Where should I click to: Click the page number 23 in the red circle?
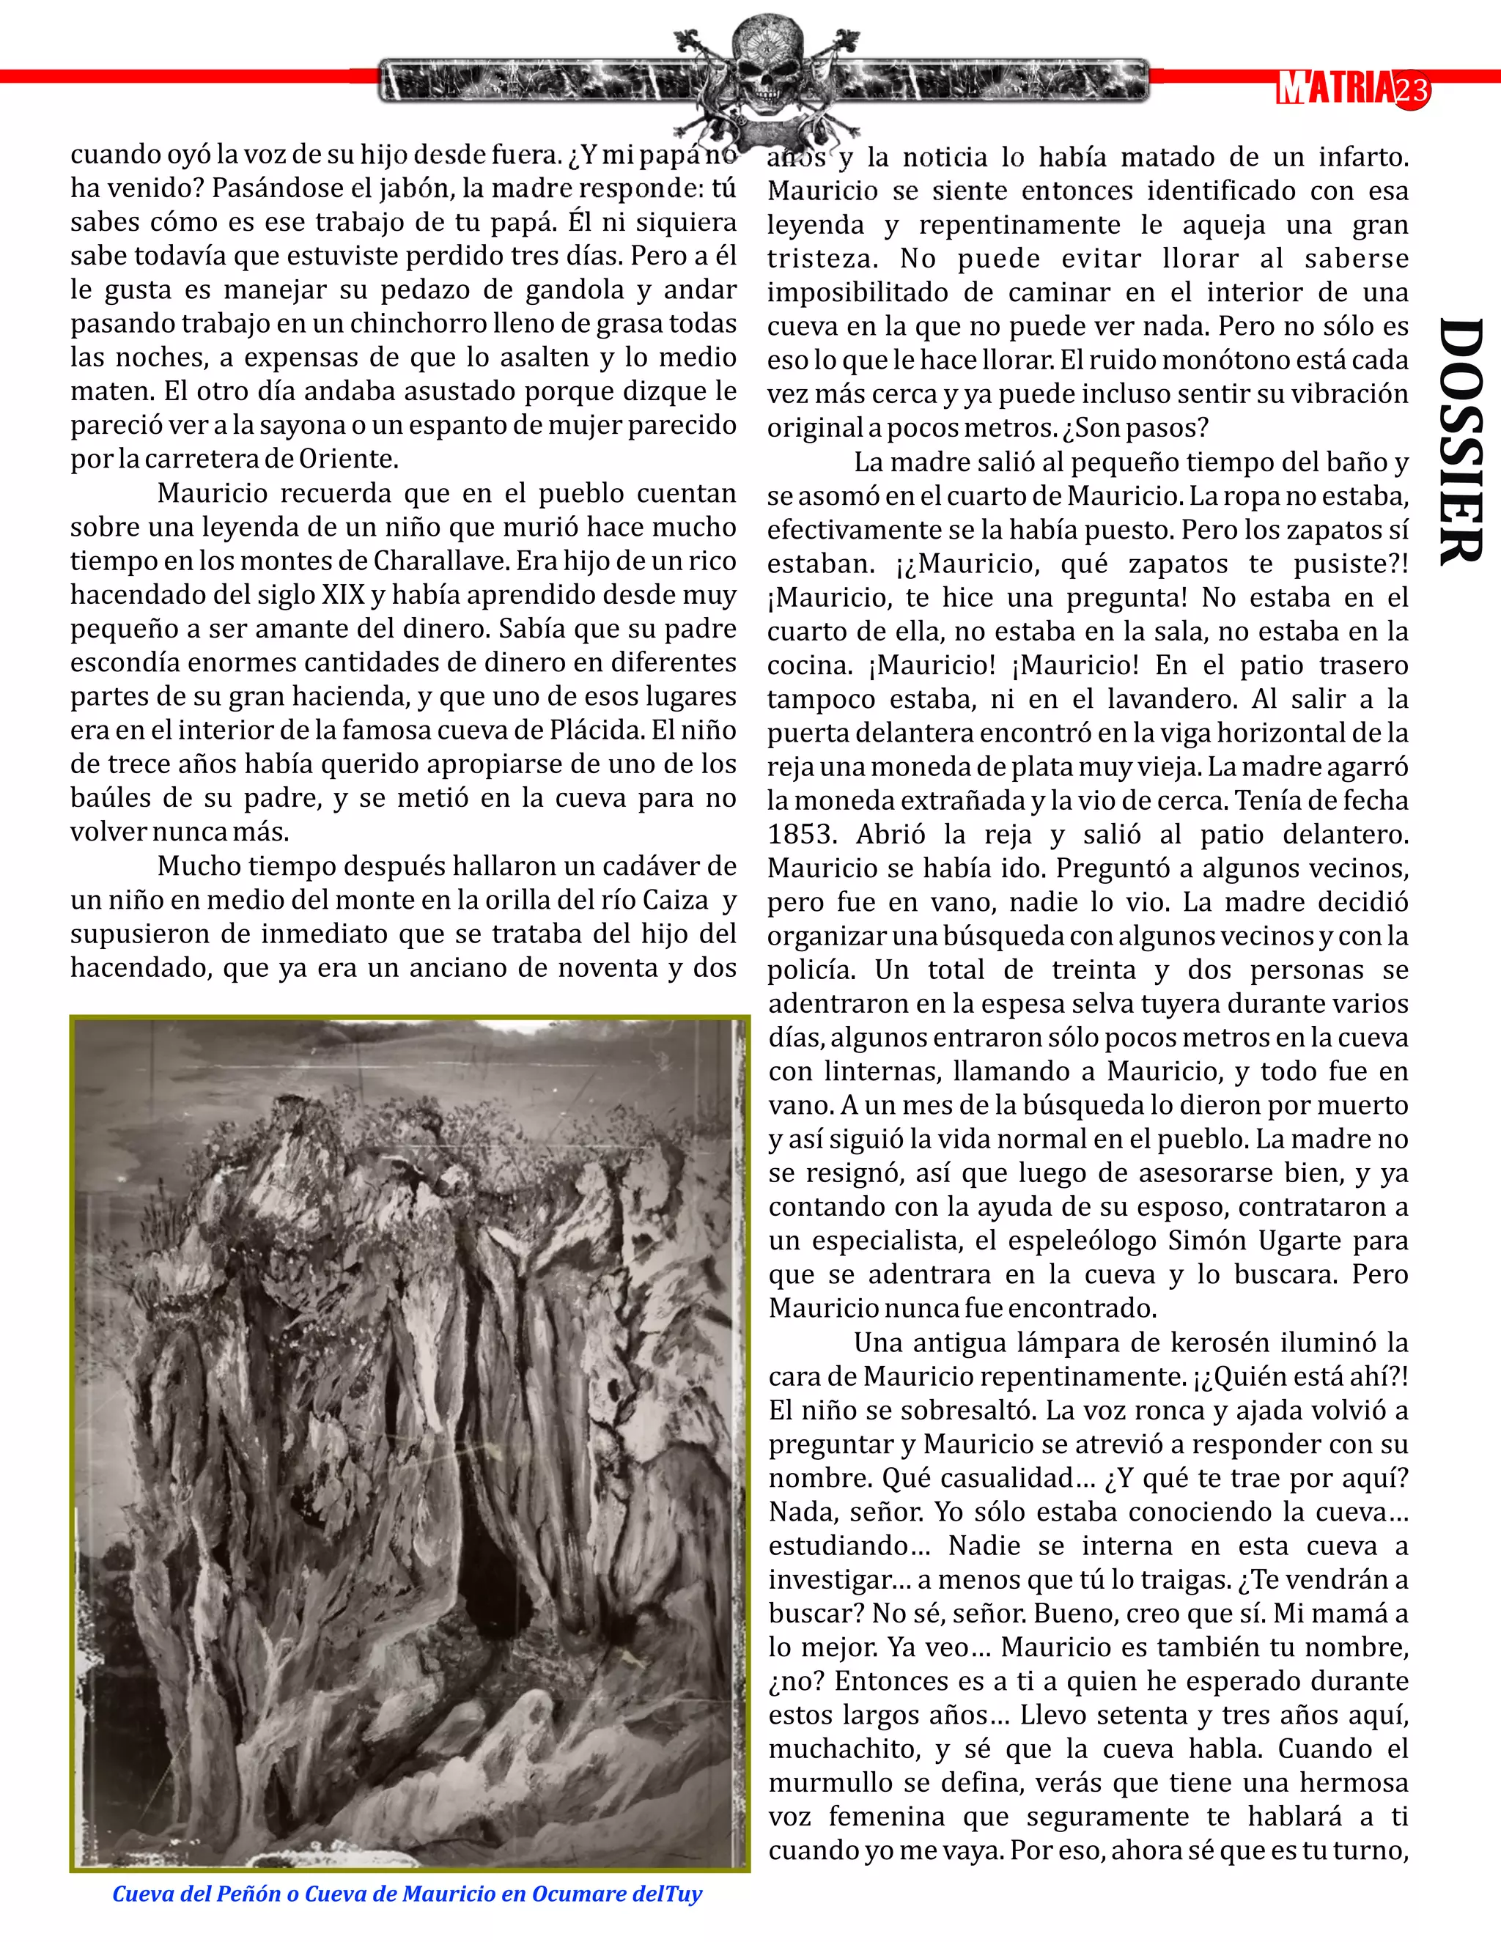click(1412, 90)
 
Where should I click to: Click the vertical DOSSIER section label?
click(1460, 441)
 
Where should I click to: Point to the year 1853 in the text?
click(803, 835)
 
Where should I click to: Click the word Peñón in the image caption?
click(253, 1894)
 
